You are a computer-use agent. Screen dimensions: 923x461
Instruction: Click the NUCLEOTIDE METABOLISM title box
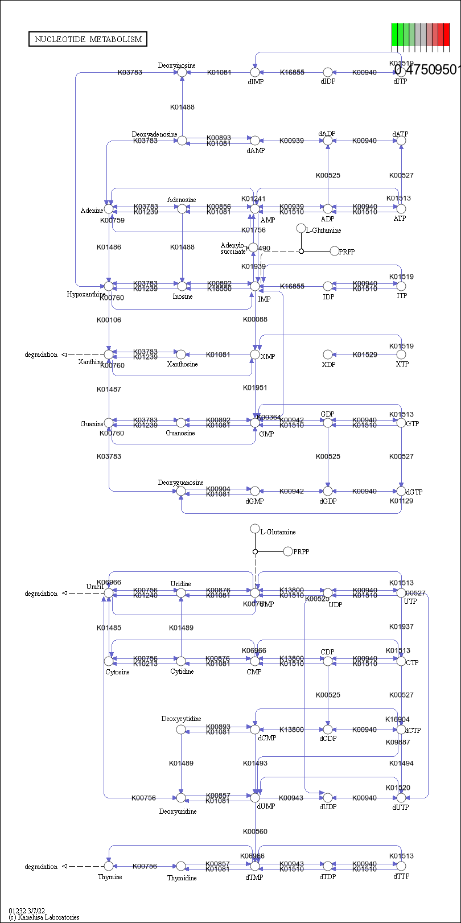pyautogui.click(x=88, y=39)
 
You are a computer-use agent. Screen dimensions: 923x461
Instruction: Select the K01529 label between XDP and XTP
pyautogui.click(x=364, y=355)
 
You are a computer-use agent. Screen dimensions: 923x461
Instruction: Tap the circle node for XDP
pyautogui.click(x=327, y=355)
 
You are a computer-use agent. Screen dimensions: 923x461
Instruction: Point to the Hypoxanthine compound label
pyautogui.click(x=86, y=294)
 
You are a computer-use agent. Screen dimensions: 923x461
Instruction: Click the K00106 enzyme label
pyautogui.click(x=109, y=320)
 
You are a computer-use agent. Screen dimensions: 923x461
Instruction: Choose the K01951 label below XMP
pyautogui.click(x=255, y=388)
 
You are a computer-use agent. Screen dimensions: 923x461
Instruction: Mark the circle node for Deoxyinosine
pyautogui.click(x=182, y=72)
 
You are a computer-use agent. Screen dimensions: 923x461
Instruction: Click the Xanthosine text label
pyautogui.click(x=182, y=364)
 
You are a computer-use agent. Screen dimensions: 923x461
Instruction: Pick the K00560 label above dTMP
pyautogui.click(x=255, y=831)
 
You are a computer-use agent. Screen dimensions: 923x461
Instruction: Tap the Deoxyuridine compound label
pyautogui.click(x=178, y=811)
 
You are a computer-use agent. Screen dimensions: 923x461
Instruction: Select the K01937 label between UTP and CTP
pyautogui.click(x=401, y=627)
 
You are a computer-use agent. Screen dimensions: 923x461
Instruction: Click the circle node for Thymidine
pyautogui.click(x=181, y=866)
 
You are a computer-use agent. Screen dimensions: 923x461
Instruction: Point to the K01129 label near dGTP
pyautogui.click(x=401, y=501)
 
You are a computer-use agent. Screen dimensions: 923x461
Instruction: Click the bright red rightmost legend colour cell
pyautogui.click(x=447, y=35)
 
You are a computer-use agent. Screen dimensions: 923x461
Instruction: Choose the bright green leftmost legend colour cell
pyautogui.click(x=394, y=35)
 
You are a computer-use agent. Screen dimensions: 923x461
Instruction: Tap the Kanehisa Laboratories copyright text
pyautogui.click(x=44, y=917)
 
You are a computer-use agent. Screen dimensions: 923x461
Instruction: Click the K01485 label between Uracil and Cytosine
pyautogui.click(x=109, y=628)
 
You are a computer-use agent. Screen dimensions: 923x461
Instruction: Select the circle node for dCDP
pyautogui.click(x=327, y=730)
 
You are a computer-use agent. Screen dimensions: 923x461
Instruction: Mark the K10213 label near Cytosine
pyautogui.click(x=145, y=664)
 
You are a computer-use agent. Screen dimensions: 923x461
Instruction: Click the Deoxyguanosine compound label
pyautogui.click(x=180, y=483)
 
